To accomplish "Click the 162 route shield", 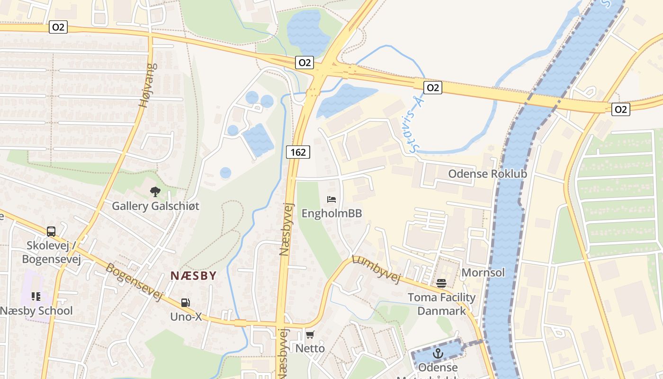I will point(298,152).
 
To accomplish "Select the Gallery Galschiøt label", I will point(155,206).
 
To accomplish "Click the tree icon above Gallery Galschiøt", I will point(155,192).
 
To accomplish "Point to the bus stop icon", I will point(51,232).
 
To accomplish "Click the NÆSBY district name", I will point(193,276).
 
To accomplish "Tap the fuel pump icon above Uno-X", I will point(186,303).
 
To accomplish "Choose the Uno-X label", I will point(186,316).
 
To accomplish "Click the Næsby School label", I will point(36,311).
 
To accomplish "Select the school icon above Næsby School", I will point(36,297).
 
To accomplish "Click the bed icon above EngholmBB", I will point(331,199).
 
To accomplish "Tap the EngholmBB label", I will point(331,213).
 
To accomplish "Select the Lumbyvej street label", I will point(376,269).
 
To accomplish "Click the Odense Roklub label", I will point(487,174).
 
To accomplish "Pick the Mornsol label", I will point(483,272).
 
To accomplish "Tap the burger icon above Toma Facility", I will point(441,283).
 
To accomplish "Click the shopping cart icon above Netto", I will point(310,335).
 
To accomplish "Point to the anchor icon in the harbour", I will point(438,353).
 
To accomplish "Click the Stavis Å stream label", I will point(415,124).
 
